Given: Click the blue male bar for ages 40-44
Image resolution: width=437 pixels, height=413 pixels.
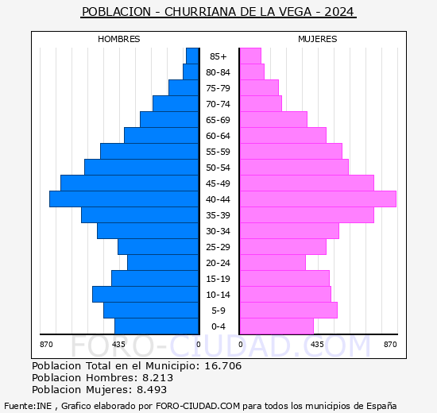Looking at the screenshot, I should tap(124, 199).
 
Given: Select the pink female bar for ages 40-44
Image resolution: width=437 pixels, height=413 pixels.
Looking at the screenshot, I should tap(318, 199).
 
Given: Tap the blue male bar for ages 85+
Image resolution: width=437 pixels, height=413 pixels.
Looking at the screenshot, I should tap(192, 56).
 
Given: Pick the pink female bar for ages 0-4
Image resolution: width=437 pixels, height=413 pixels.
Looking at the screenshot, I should tap(277, 326).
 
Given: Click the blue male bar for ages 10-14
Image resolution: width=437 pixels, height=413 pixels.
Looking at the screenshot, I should tap(145, 295).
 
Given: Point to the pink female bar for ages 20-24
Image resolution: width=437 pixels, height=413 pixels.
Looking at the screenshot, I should tap(273, 263).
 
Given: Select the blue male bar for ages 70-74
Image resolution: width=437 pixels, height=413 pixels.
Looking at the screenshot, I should tap(176, 104).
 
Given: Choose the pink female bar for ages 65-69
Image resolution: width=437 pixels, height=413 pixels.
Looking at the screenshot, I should tap(273, 120).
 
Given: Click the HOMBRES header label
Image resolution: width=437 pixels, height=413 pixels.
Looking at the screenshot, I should tap(119, 39).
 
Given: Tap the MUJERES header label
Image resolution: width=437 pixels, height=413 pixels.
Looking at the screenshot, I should tap(318, 39).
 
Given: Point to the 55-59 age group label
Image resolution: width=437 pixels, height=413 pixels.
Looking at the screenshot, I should tap(218, 152).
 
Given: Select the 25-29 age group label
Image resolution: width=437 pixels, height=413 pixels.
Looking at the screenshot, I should tap(218, 247).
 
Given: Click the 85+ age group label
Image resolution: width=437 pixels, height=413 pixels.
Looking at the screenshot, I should tap(218, 56).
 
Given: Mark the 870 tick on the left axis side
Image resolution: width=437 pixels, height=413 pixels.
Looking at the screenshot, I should tap(46, 345).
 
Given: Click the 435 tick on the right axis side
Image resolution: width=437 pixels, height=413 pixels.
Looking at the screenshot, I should tap(318, 345).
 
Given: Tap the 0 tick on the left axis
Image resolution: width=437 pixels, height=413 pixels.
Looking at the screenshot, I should tap(199, 345).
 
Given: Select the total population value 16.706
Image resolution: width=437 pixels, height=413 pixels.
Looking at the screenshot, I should tap(222, 366).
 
